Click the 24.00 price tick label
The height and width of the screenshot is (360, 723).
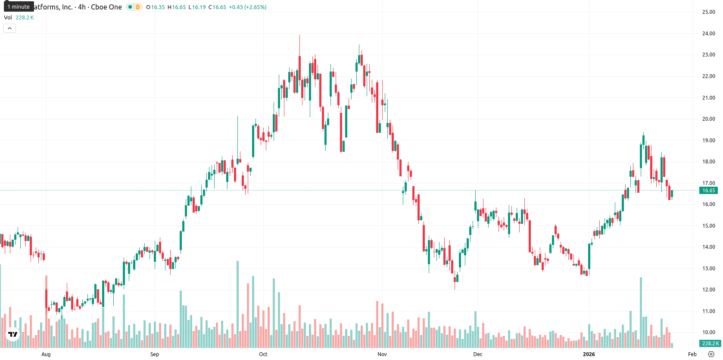708,34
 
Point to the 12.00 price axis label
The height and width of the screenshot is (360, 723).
708,290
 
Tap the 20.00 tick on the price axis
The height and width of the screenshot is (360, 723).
708,119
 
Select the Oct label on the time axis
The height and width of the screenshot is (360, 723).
263,354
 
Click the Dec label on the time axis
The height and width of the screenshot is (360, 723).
478,354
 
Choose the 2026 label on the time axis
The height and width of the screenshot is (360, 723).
589,354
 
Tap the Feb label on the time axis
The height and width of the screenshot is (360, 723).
692,354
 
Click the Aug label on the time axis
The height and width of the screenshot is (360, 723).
46,354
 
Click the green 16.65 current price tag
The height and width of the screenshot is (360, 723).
708,191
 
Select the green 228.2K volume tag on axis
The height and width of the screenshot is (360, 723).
710,344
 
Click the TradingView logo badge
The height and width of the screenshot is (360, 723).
13,334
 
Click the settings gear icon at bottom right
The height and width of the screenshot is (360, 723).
711,354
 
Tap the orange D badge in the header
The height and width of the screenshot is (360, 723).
138,7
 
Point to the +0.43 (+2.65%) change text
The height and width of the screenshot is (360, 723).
248,7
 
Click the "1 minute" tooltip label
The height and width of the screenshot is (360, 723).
19,6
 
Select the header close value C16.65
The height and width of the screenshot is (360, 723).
217,7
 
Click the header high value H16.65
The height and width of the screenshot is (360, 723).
177,7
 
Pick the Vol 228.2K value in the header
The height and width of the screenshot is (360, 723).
25,17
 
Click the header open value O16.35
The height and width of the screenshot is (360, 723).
156,7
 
